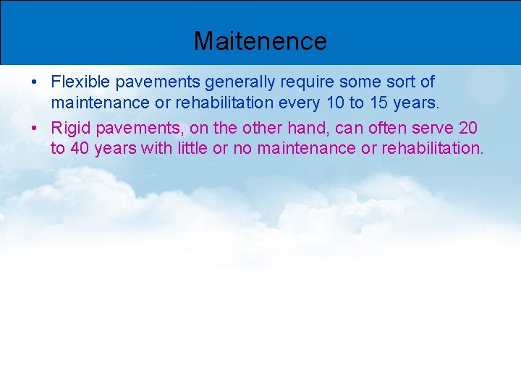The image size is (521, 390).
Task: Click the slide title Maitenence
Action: tap(260, 40)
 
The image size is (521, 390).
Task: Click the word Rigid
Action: tap(69, 129)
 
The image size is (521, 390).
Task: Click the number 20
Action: tap(467, 129)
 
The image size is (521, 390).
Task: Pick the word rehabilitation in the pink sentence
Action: tap(430, 149)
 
